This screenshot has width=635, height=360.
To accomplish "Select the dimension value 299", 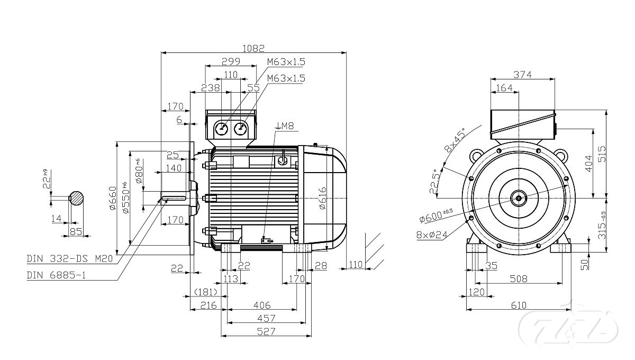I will (231, 61).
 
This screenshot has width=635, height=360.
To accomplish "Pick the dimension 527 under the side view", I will (266, 331).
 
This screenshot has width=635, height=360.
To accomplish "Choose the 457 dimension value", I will (266, 318).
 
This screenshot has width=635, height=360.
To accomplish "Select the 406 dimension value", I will (261, 305).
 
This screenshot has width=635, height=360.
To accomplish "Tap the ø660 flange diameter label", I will (112, 199).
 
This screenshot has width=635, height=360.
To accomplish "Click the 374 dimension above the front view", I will (522, 75).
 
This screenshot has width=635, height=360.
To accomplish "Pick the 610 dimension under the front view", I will (518, 305).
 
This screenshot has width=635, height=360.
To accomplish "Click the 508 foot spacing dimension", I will (519, 279).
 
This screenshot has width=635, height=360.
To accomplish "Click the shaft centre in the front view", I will (519, 199).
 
